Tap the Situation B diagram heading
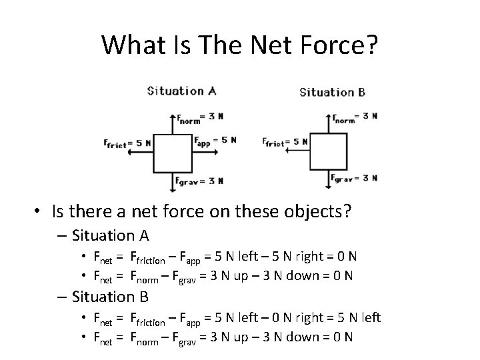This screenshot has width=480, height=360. tap(332, 92)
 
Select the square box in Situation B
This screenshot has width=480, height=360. tap(328, 152)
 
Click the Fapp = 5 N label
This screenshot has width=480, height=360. tap(215, 141)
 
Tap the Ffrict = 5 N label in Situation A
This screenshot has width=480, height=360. tap(127, 143)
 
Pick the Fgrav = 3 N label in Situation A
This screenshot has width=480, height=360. tap(199, 181)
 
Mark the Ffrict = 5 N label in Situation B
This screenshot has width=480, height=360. tap(285, 142)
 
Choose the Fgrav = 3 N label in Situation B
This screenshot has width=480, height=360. tap(355, 179)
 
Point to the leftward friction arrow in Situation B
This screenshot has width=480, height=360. tap(296, 151)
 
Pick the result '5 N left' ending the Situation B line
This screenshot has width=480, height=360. tap(355, 317)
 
